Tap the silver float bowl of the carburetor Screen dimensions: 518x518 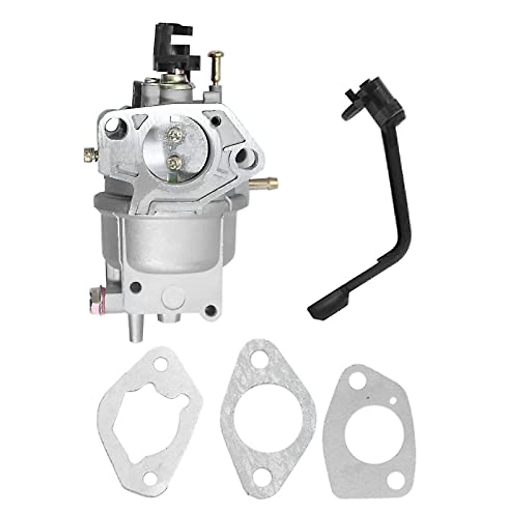point(173,242)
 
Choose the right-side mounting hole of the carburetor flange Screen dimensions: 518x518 point(240,156)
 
